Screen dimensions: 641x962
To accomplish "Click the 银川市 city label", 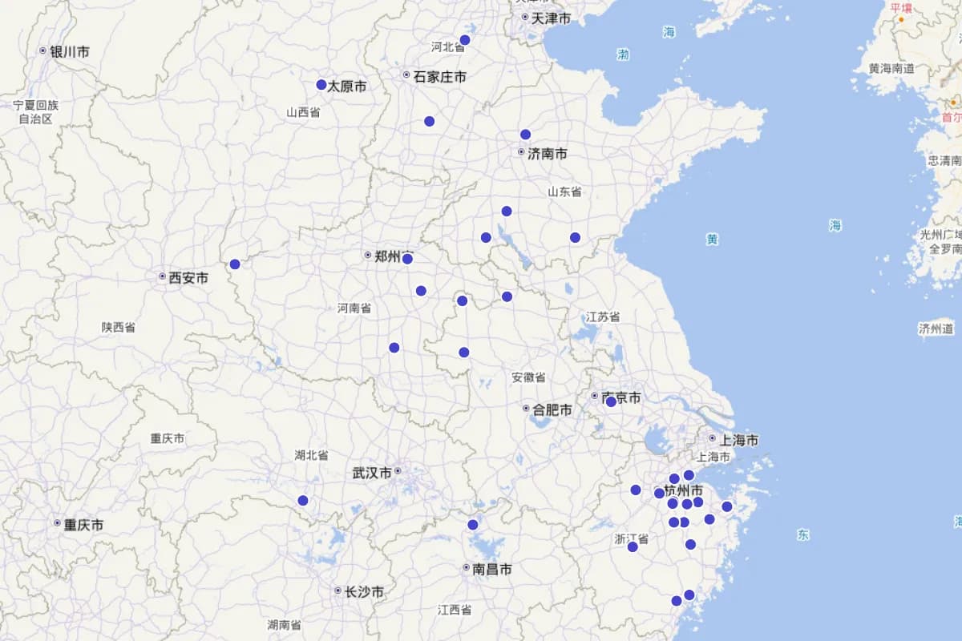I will (x=69, y=51).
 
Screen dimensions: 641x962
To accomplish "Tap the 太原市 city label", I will (x=346, y=86).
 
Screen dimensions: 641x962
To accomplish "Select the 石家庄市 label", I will (x=439, y=77).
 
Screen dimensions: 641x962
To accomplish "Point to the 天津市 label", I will (x=552, y=18).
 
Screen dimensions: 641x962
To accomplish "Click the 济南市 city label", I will (x=548, y=153).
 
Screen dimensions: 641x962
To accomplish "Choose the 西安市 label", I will (x=188, y=278).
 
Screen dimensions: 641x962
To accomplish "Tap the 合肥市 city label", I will (x=552, y=409).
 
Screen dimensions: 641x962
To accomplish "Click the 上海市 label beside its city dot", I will (x=739, y=440).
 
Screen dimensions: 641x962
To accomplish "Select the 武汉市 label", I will (x=372, y=473).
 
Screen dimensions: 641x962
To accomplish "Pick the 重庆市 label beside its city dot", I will (x=83, y=525).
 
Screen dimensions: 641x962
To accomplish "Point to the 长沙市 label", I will (x=364, y=592).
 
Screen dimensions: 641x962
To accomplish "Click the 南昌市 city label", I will (x=492, y=569).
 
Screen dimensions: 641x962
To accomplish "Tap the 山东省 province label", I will (x=564, y=192).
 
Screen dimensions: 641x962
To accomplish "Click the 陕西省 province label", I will (x=118, y=328).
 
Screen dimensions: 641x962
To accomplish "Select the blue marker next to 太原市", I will (x=321, y=84).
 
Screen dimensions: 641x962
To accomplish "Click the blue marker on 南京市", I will (x=611, y=401).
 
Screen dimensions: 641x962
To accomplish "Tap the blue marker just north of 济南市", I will (x=525, y=135).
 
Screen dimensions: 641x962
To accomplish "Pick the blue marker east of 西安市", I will (x=235, y=264).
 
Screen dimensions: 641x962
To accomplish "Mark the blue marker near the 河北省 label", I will (x=465, y=40).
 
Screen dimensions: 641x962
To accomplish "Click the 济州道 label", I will (x=936, y=329).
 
